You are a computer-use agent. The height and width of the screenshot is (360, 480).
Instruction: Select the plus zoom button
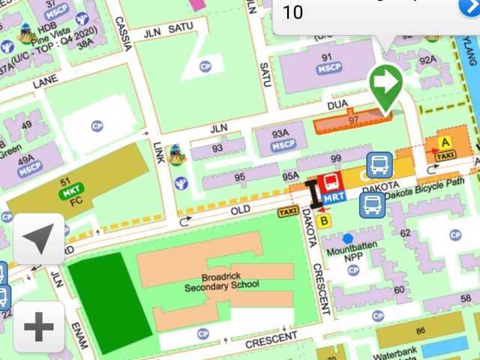point(39,327)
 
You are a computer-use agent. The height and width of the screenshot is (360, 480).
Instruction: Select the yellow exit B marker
point(324,220)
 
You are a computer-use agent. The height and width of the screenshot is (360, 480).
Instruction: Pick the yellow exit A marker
point(445,142)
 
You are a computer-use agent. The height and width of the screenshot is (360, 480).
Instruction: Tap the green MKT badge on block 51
point(71,192)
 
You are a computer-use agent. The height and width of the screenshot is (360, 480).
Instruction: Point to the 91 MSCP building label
point(326,62)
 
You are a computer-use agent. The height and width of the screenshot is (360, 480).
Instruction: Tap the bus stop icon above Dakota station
point(379,165)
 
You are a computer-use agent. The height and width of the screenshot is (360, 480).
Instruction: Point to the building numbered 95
point(239,178)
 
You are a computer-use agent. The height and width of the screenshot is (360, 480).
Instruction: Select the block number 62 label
point(406,233)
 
